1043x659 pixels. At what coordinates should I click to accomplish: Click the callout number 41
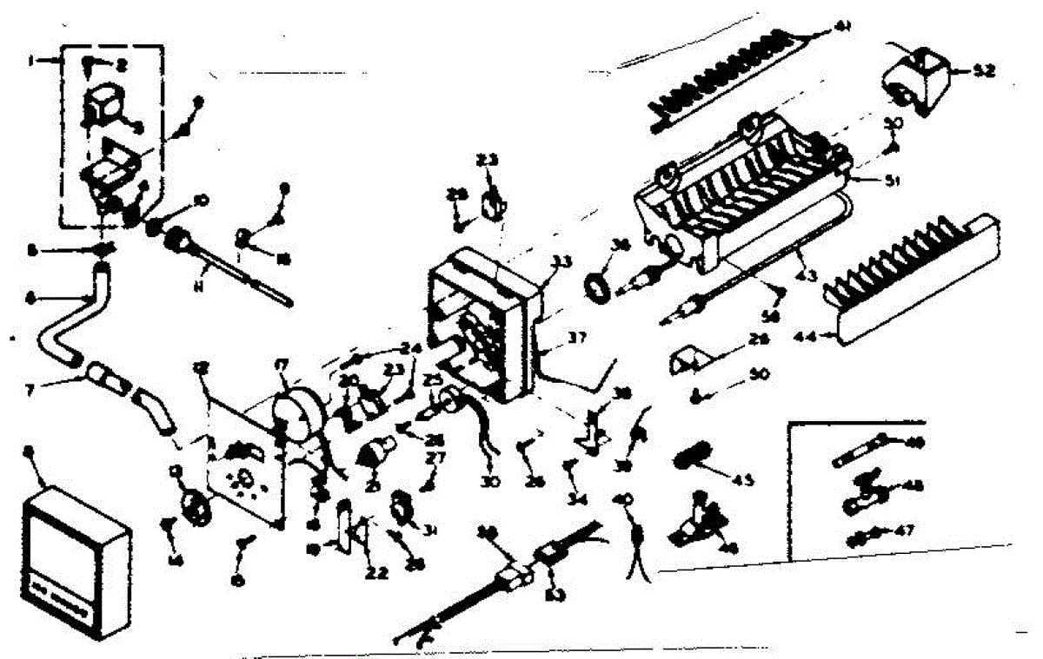841,27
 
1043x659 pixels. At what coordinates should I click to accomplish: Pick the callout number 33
561,260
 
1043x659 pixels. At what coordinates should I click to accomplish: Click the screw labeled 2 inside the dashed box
90,62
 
